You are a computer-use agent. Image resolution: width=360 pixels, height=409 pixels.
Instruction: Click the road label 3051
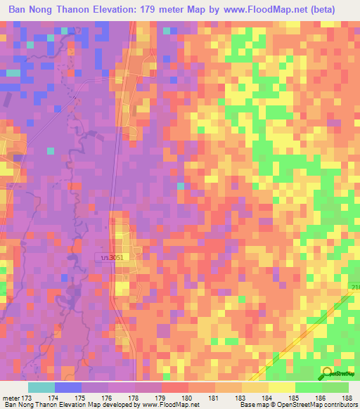click(x=113, y=259)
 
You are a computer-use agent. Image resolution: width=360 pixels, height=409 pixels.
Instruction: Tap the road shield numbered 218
click(x=354, y=287)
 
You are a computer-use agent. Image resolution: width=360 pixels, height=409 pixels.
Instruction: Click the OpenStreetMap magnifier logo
click(x=327, y=373)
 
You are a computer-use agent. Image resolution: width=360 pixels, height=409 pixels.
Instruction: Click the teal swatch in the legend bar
click(x=41, y=387)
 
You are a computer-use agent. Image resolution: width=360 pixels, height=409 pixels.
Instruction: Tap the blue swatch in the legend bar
click(x=67, y=387)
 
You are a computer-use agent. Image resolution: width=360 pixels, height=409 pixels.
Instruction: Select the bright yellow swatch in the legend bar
click(x=281, y=387)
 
